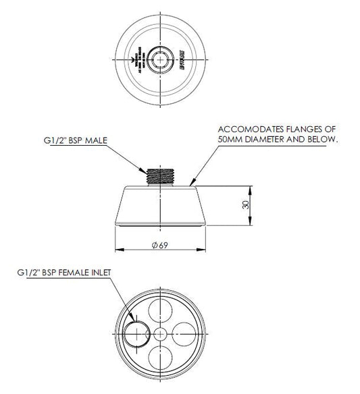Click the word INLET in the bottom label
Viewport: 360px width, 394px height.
click(99, 273)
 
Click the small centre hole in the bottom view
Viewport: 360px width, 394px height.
click(159, 334)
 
